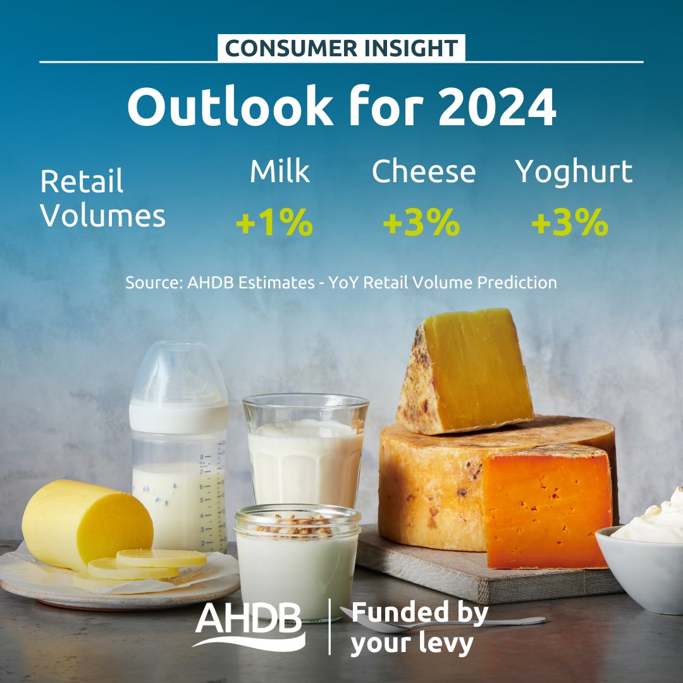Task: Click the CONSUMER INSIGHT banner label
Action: tap(341, 48)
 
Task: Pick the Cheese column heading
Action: tap(423, 171)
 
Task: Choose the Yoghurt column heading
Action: tap(574, 171)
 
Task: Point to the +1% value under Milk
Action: tap(274, 223)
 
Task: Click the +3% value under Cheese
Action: tap(421, 223)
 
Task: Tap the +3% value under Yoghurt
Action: tap(569, 223)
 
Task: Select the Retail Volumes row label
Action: tap(102, 199)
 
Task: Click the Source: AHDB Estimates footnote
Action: tap(341, 282)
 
